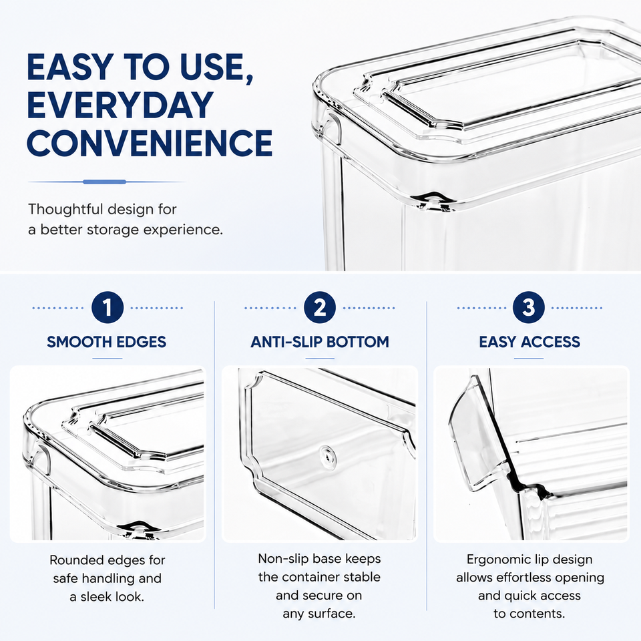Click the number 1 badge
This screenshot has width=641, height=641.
pos(108,307)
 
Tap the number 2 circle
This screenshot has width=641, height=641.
pos(320,307)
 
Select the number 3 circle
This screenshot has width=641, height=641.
pos(529,307)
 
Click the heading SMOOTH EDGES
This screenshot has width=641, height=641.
pos(106,342)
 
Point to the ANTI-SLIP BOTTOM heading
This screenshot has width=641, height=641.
pos(320,342)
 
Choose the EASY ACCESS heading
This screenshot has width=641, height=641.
pos(529,342)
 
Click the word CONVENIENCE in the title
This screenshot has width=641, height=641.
pos(150,143)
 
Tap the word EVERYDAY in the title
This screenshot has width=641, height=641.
pos(120,105)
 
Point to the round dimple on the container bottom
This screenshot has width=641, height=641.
pos(327,453)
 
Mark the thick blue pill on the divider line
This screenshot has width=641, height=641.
pos(105,182)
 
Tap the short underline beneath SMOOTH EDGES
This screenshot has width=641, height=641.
pos(107,359)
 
